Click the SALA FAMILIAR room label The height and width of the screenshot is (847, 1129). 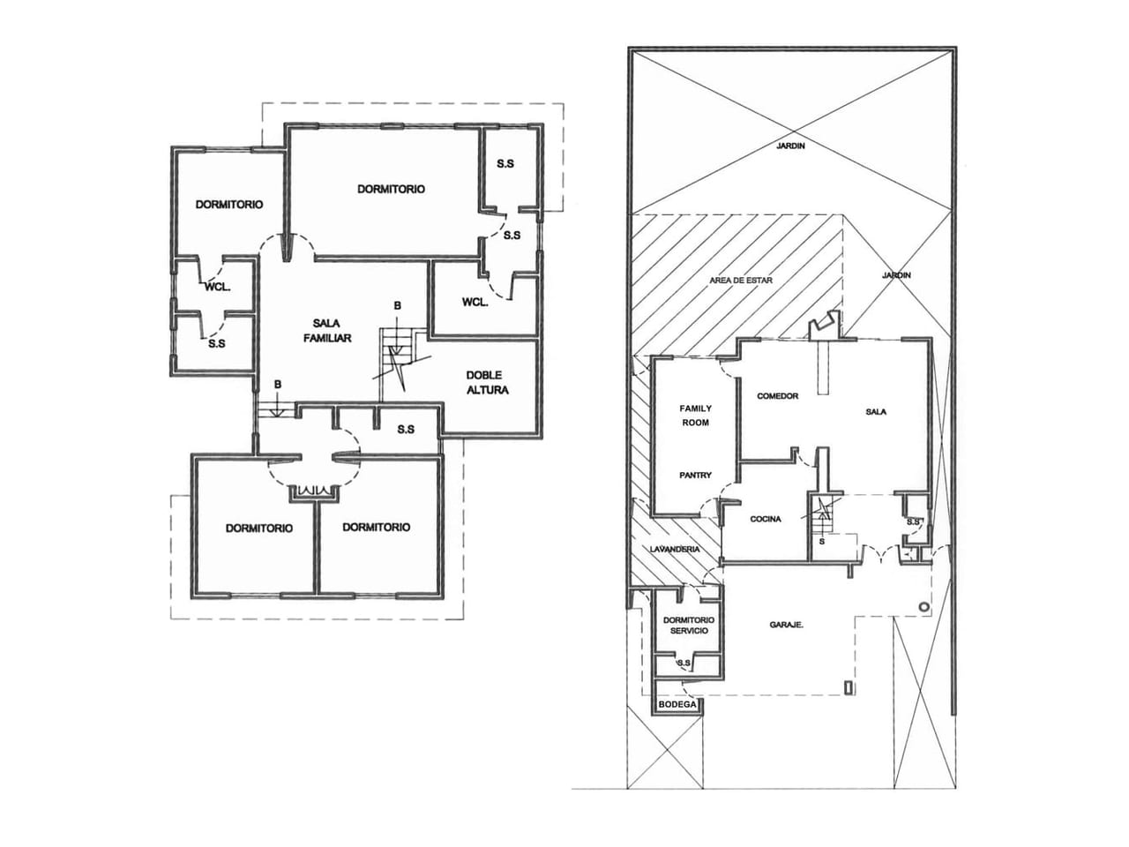click(327, 331)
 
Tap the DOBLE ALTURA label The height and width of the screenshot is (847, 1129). click(487, 383)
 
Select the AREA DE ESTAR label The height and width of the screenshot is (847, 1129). click(741, 281)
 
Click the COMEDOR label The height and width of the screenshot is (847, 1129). click(778, 396)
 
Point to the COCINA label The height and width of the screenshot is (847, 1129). click(766, 519)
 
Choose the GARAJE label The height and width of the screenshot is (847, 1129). click(787, 625)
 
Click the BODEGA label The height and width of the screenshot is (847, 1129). click(677, 704)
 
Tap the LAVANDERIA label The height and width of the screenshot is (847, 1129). click(675, 550)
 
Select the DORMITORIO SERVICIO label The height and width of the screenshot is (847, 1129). click(689, 626)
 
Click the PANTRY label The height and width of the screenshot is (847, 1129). click(695, 476)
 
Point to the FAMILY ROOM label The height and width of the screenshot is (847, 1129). click(695, 416)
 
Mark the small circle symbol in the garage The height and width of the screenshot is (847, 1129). click(923, 607)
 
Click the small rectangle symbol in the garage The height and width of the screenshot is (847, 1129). click(849, 687)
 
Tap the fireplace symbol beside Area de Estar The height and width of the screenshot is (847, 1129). click(825, 326)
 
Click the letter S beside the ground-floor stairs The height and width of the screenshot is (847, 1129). click(821, 542)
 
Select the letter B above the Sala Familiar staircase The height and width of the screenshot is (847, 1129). click(397, 305)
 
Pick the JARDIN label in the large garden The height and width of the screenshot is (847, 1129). click(790, 146)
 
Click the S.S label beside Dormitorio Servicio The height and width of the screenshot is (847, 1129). click(684, 663)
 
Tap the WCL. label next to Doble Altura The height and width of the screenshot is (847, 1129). click(475, 303)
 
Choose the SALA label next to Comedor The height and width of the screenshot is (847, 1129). click(876, 411)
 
